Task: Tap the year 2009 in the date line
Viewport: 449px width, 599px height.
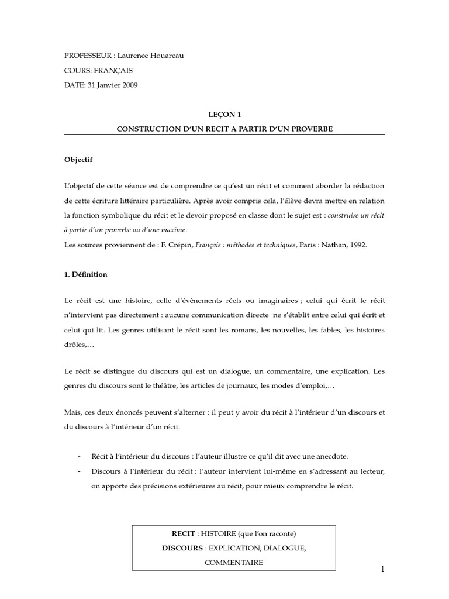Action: [130, 85]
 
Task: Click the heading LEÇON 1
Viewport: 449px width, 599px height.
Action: [224, 115]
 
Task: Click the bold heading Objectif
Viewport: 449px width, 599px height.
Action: [78, 159]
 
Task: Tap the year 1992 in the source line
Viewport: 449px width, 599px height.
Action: [358, 245]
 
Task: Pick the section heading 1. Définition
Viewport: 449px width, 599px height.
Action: [86, 274]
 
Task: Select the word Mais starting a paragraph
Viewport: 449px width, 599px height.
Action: [72, 412]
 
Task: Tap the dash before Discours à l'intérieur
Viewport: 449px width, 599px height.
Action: [79, 471]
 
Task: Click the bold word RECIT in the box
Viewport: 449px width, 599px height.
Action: [182, 533]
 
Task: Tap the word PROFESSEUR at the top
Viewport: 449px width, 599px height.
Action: [88, 56]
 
